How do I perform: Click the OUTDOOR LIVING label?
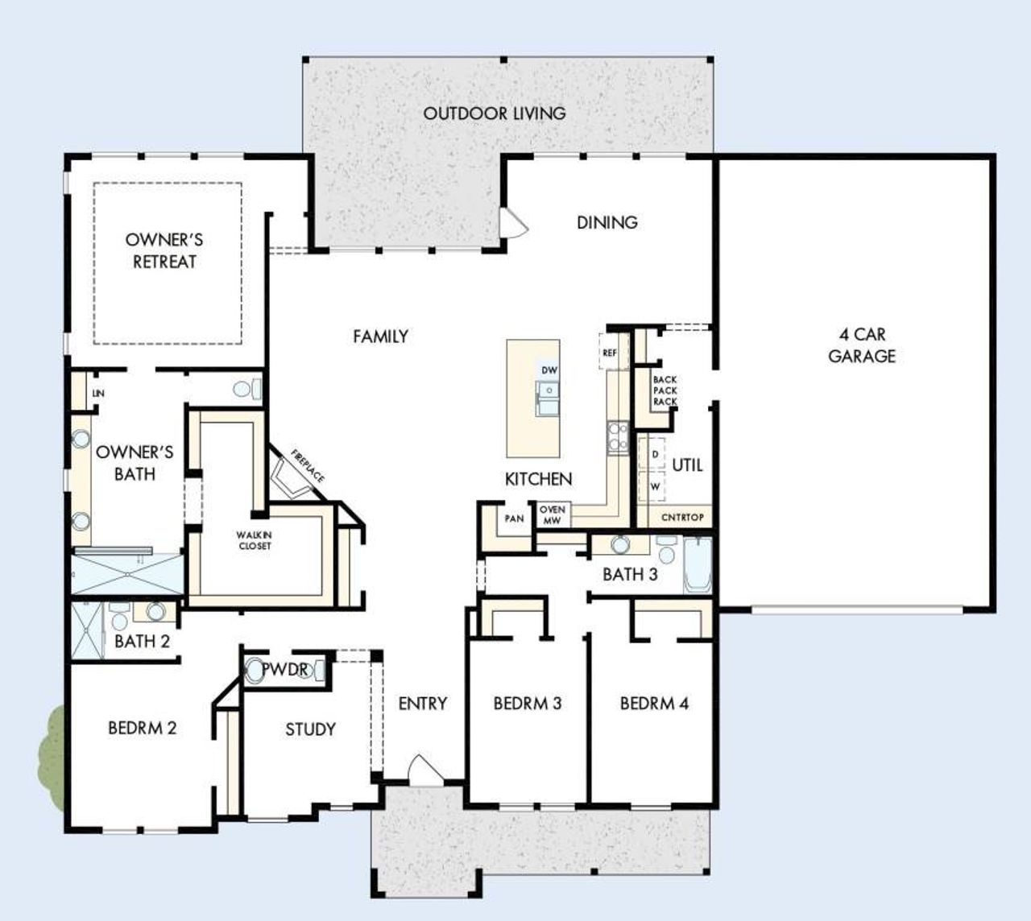click(x=495, y=114)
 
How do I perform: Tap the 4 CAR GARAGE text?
click(x=862, y=345)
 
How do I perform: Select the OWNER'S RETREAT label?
click(x=164, y=250)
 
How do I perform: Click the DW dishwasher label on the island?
click(x=549, y=370)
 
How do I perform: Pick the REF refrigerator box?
click(x=610, y=353)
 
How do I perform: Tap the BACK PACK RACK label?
click(x=665, y=390)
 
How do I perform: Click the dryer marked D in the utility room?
click(x=655, y=455)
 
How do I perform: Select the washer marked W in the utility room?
click(x=655, y=486)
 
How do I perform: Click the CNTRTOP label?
click(x=682, y=518)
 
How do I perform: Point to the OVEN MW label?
click(x=552, y=515)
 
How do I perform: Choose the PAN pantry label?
click(x=514, y=518)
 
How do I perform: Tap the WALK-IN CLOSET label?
click(x=254, y=540)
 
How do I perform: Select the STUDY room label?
click(x=310, y=729)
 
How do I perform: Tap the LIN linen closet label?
click(x=98, y=394)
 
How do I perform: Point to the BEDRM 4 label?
click(x=654, y=704)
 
